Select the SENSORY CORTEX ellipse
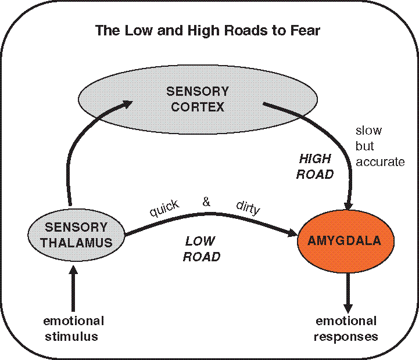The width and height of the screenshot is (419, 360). [198, 99]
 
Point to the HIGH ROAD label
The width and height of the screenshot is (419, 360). [315, 166]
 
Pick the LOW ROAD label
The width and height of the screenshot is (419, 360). [201, 249]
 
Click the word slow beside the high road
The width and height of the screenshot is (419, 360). [368, 131]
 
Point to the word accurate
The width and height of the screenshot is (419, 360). [380, 162]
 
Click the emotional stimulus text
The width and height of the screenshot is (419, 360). [73, 329]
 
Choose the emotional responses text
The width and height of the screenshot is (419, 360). [346, 329]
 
